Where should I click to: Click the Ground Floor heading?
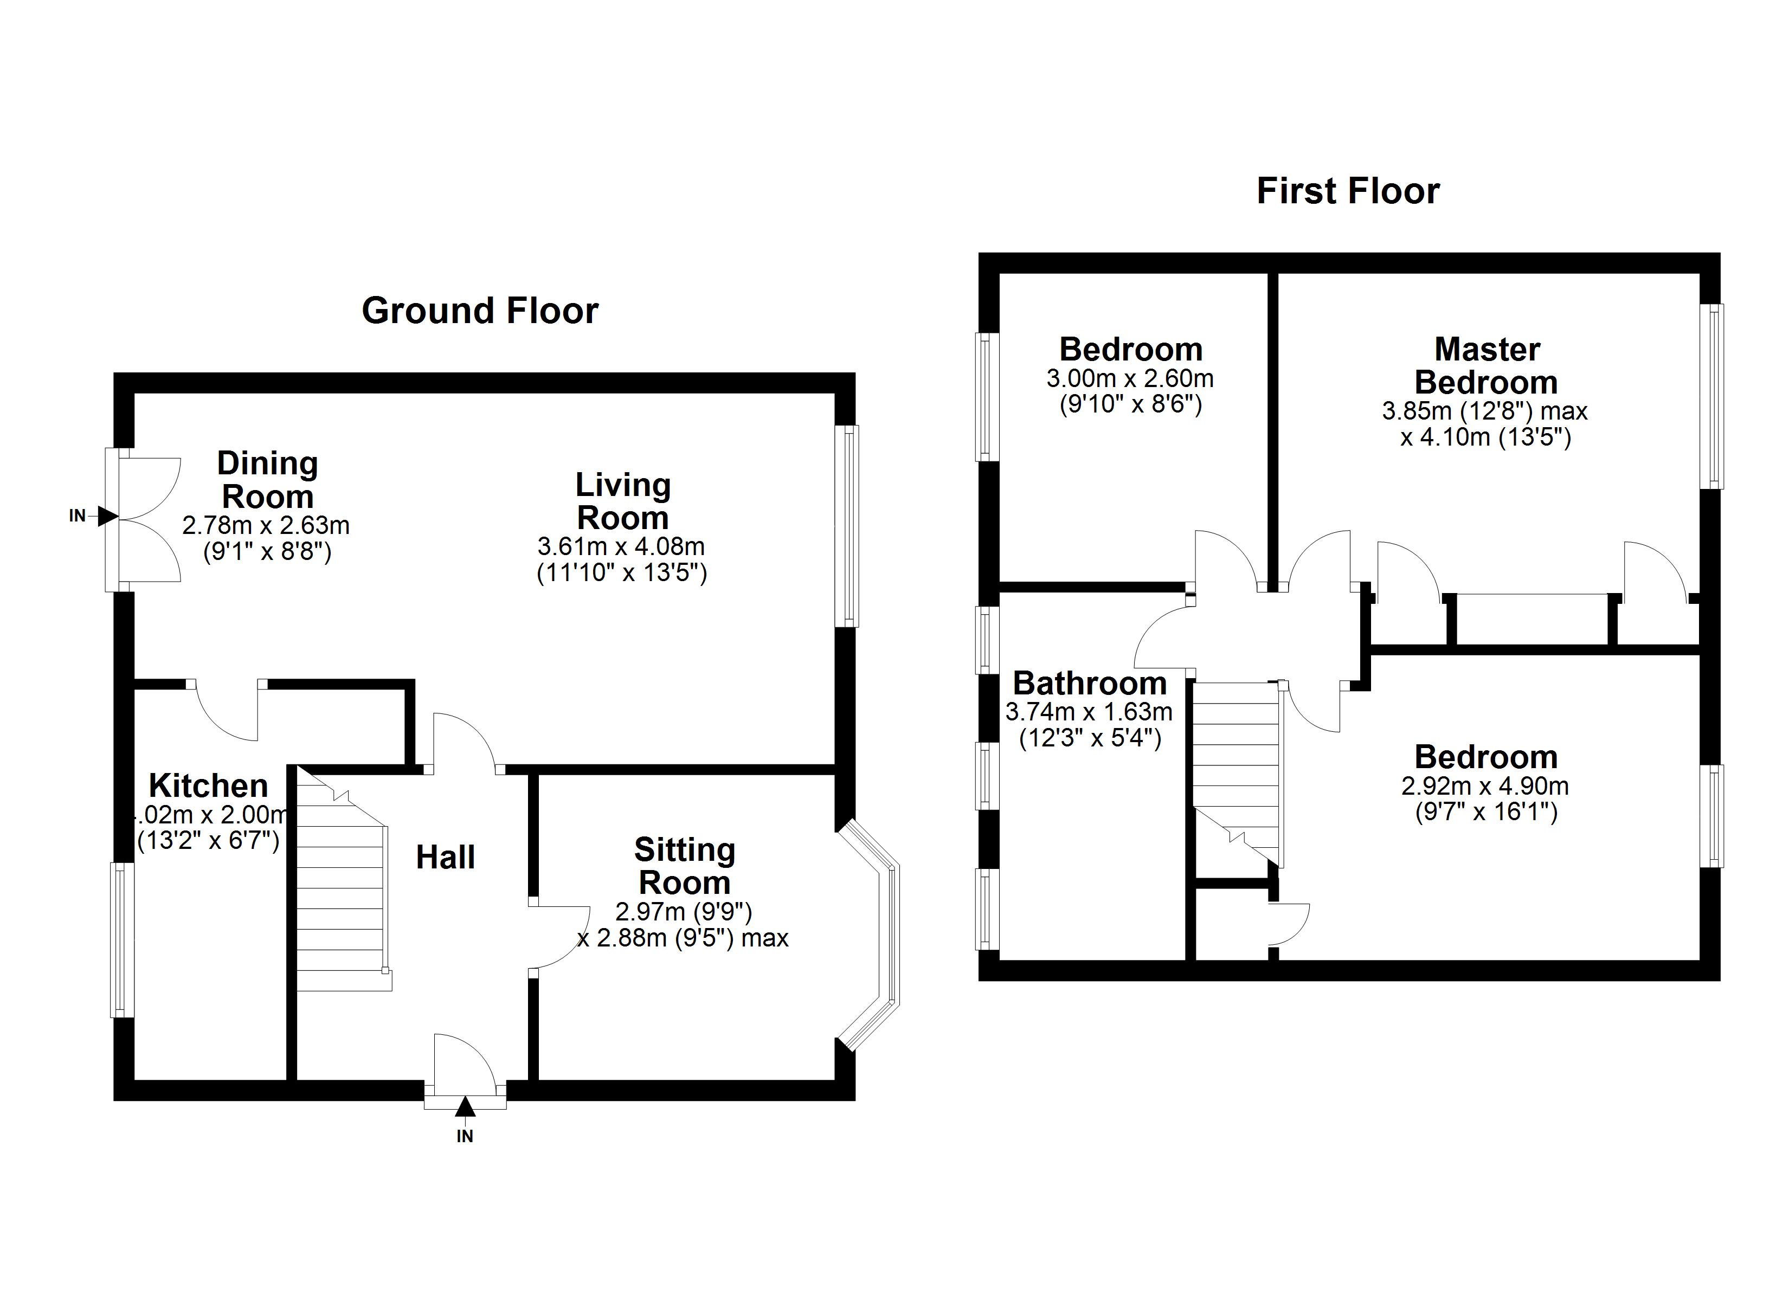[x=480, y=311]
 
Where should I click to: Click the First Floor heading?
[x=1348, y=191]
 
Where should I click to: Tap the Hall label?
[x=446, y=858]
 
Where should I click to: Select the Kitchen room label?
[x=208, y=786]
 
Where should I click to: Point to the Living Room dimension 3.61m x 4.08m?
[x=621, y=546]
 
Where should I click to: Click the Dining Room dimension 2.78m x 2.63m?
[x=266, y=525]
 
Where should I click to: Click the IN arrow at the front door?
[x=465, y=1107]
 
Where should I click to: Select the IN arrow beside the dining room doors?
[x=108, y=516]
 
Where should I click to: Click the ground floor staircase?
[x=344, y=880]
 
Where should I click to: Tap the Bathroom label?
[x=1089, y=683]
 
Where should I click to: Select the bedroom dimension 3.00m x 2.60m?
[x=1130, y=379]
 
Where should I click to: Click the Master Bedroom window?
[x=1710, y=397]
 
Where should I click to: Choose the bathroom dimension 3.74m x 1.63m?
[x=1089, y=712]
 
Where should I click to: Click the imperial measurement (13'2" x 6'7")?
[x=208, y=841]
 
